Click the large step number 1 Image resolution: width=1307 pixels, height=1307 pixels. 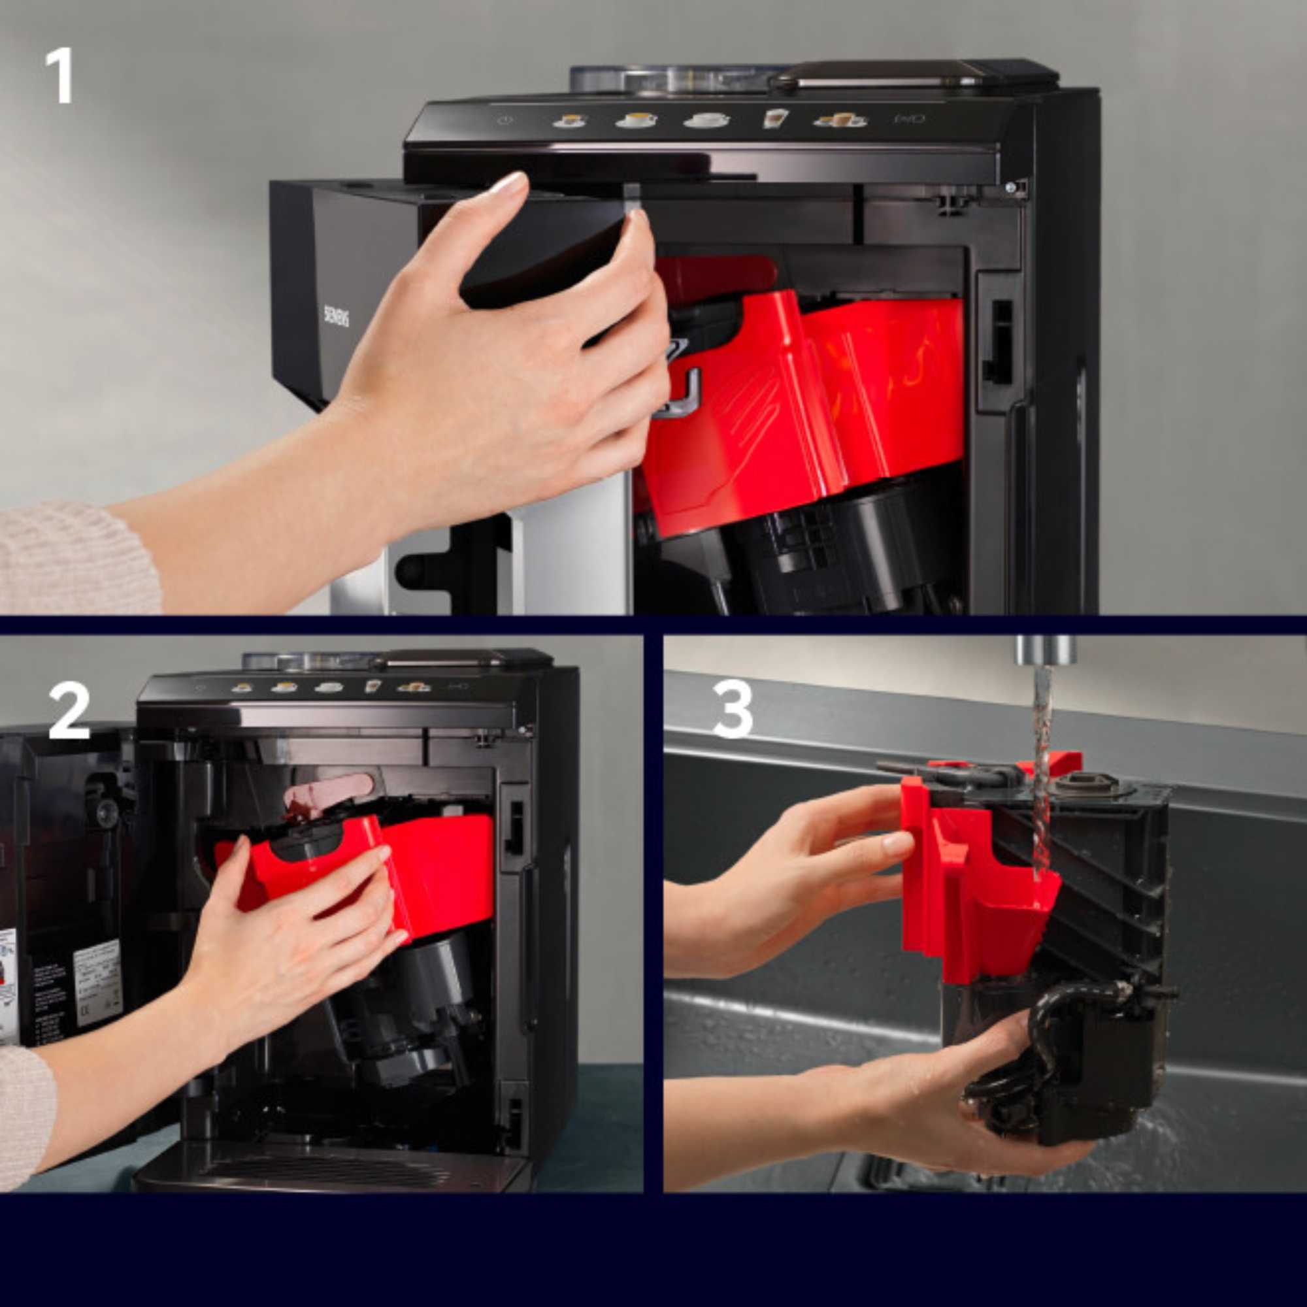click(59, 75)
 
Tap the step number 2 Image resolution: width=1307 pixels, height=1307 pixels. click(69, 711)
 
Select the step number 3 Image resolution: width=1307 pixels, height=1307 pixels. click(733, 710)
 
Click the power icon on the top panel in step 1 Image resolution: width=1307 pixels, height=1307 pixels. click(503, 120)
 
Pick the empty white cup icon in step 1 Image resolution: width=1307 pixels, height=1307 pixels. click(706, 120)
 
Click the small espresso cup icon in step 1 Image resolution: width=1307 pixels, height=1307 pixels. click(570, 121)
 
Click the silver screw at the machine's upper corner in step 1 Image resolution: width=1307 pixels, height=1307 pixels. click(1011, 188)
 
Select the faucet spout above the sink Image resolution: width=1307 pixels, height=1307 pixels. click(1045, 649)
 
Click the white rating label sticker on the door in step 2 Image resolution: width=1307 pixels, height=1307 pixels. click(97, 974)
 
